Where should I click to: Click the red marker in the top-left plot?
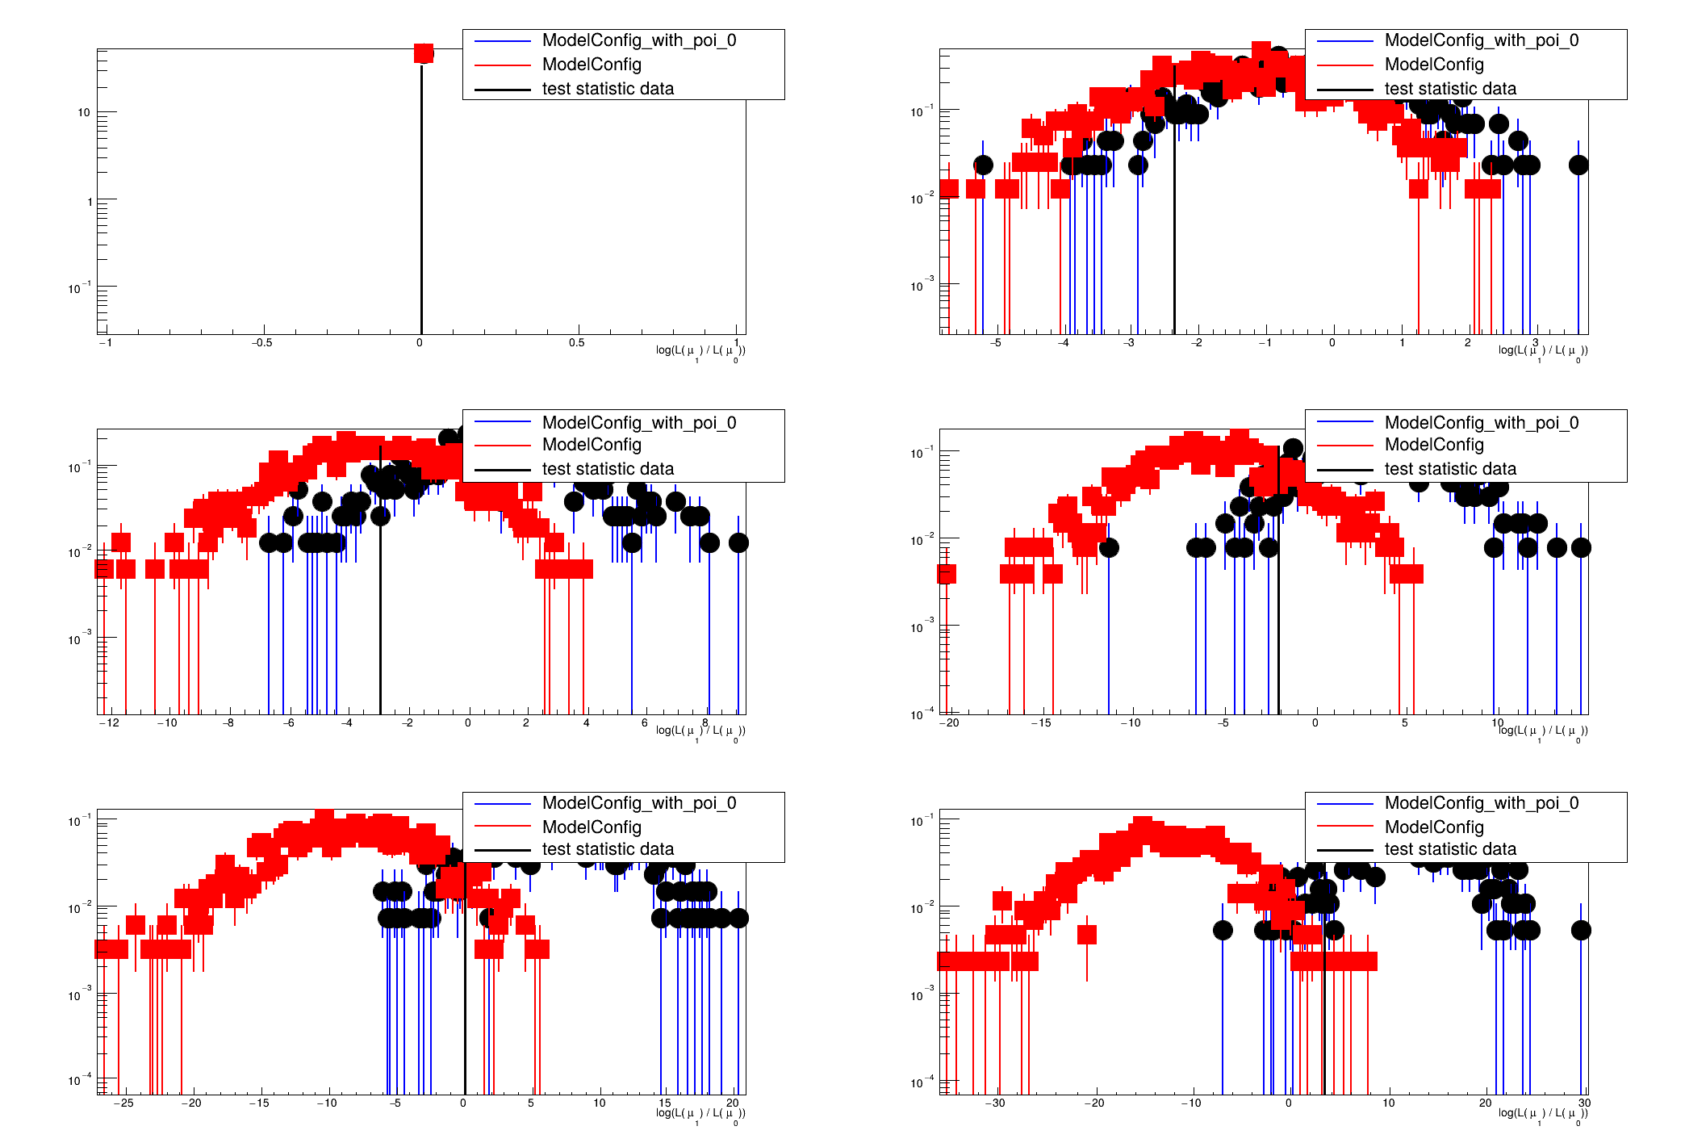tap(424, 53)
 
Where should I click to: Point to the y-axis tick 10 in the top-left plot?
tap(84, 112)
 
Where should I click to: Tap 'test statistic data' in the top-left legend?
tap(607, 89)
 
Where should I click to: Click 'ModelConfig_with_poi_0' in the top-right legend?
tap(1481, 40)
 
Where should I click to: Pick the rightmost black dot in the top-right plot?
tap(1578, 165)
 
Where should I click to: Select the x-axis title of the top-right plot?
tap(1542, 351)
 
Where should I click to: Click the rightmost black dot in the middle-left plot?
tap(738, 542)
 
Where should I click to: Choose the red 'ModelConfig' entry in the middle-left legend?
tap(591, 445)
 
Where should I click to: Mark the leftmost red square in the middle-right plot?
tap(947, 574)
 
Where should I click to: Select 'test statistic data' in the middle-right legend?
tap(1449, 469)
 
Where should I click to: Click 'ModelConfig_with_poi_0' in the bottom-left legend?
tap(638, 803)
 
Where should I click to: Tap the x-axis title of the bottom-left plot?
tap(700, 1114)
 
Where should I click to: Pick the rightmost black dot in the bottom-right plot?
tap(1581, 930)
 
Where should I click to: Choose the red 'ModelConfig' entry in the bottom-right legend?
tap(1433, 827)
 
